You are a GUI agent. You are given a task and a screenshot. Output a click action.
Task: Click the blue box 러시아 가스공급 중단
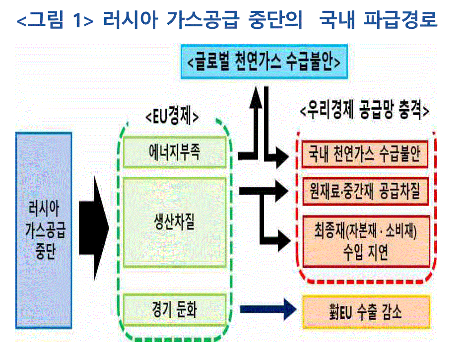pyautogui.click(x=44, y=229)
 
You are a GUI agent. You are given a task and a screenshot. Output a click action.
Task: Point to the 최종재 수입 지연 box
pyautogui.click(x=365, y=241)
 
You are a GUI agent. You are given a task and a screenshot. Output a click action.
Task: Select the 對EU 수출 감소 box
pyautogui.click(x=365, y=312)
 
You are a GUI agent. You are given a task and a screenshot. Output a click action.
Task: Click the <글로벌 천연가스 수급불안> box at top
pyautogui.click(x=264, y=62)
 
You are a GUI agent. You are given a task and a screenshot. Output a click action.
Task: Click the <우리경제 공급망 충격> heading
pyautogui.click(x=364, y=111)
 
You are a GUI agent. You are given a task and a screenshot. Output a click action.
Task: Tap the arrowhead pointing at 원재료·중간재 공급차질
pyautogui.click(x=281, y=190)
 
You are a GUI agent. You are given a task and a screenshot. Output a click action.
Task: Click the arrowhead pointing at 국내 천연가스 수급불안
pyautogui.click(x=281, y=157)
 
